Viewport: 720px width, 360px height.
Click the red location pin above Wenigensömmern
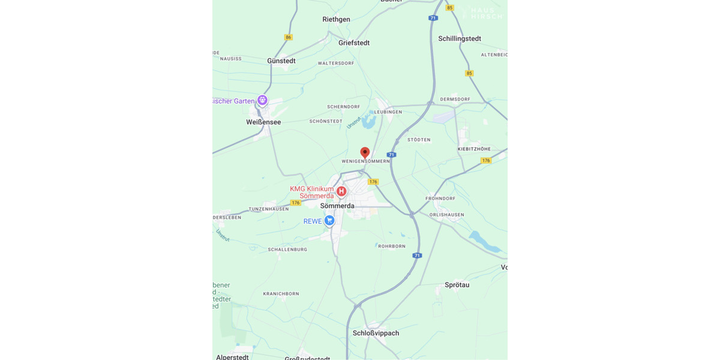click(x=365, y=153)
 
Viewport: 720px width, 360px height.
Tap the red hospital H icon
click(x=341, y=191)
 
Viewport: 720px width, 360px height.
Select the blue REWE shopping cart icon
click(x=329, y=221)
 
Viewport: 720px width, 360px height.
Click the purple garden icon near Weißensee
click(x=262, y=100)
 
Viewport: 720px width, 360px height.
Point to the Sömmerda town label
click(x=337, y=206)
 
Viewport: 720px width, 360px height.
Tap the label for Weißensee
click(x=263, y=122)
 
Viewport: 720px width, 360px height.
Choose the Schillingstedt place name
click(x=460, y=38)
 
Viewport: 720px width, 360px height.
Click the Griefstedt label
click(x=354, y=43)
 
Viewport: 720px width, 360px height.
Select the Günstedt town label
click(x=281, y=61)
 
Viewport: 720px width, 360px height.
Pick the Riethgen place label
click(x=336, y=19)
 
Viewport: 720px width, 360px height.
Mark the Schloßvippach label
click(x=376, y=333)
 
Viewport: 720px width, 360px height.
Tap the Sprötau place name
click(x=457, y=285)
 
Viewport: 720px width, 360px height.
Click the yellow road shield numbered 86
click(x=289, y=37)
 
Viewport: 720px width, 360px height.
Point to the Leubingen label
click(x=387, y=112)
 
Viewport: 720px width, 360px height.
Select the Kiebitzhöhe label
click(x=474, y=149)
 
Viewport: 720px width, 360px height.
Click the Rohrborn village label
click(x=392, y=246)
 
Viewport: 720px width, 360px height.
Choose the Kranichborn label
click(x=281, y=294)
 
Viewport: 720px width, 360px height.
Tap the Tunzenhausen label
click(x=269, y=209)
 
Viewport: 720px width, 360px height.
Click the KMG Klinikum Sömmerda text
click(x=312, y=192)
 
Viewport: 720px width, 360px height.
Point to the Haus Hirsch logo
click(x=486, y=13)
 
